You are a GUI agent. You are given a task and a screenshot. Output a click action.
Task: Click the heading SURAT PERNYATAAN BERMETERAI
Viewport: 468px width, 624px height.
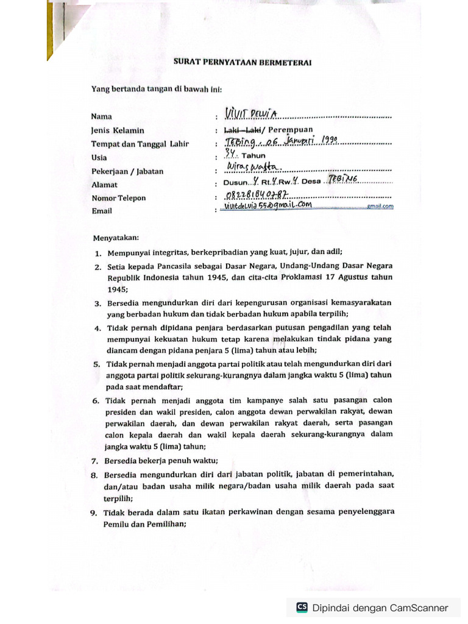[243, 62]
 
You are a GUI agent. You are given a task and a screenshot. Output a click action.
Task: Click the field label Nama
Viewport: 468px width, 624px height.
[101, 116]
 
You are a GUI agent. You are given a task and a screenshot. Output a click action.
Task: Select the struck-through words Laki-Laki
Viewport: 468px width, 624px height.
[243, 130]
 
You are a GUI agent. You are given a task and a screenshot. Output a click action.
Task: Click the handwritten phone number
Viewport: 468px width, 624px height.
[255, 195]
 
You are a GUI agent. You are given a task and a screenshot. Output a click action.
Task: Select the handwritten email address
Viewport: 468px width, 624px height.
[268, 206]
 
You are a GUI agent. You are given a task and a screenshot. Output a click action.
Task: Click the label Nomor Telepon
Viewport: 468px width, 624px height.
[119, 198]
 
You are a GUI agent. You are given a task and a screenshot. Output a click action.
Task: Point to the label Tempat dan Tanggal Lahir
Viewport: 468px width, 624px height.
[140, 144]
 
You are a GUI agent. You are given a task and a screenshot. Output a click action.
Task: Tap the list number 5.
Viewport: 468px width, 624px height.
[96, 364]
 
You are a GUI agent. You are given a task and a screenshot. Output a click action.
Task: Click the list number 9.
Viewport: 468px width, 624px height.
[94, 513]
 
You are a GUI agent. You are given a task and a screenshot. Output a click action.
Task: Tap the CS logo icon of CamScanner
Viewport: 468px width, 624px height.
[302, 607]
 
